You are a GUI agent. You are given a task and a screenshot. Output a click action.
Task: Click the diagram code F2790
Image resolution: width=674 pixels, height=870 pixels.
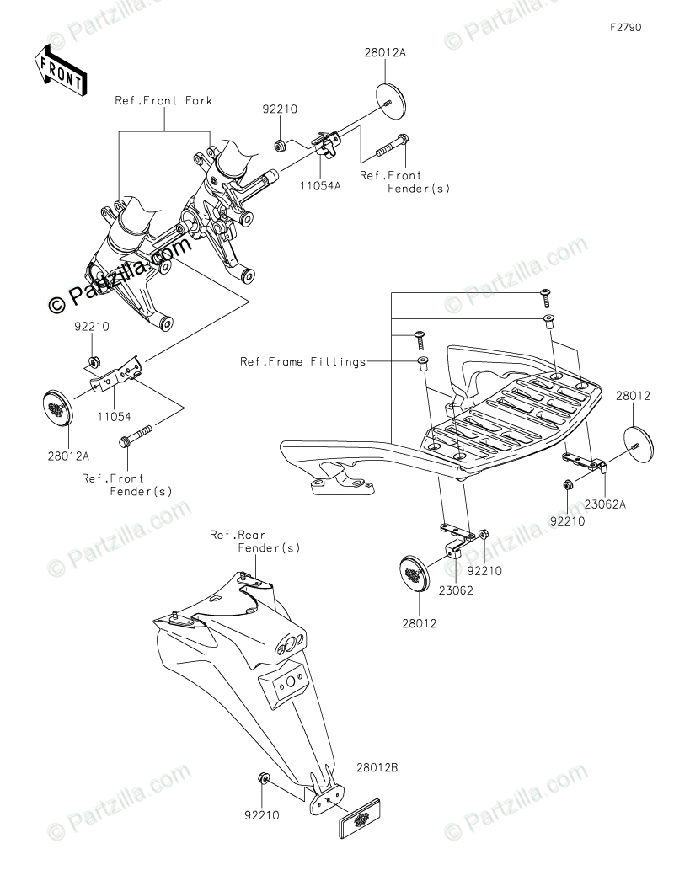coord(626,27)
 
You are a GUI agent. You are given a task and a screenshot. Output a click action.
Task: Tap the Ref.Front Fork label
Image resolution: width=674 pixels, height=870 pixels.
coord(163,101)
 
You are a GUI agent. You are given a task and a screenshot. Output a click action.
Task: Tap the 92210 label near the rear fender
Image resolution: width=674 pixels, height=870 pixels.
coord(262,814)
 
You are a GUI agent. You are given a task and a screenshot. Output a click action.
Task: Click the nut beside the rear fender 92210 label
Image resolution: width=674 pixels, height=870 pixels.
coord(263,777)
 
